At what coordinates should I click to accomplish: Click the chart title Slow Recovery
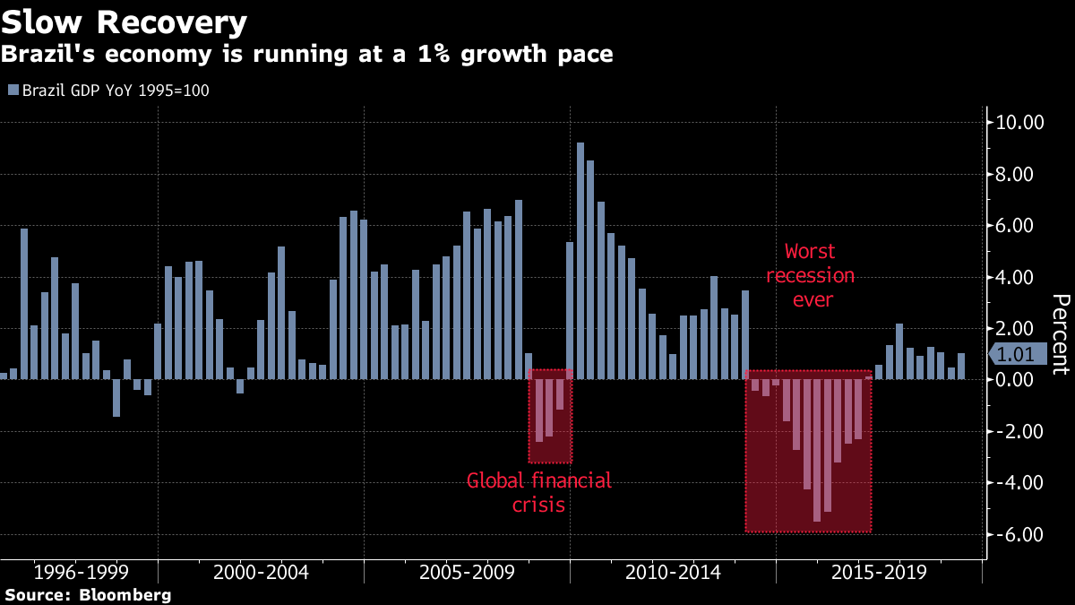tap(125, 21)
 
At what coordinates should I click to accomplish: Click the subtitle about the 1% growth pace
tap(306, 55)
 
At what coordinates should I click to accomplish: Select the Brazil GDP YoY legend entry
tap(108, 91)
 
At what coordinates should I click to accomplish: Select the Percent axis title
tap(1060, 333)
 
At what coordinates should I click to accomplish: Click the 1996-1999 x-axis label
tap(81, 572)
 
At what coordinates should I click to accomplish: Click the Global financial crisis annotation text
tap(538, 493)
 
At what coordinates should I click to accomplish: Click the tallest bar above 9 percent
tap(580, 260)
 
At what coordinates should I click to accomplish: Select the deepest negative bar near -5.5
tap(817, 450)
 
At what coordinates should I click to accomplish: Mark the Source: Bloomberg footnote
tap(87, 595)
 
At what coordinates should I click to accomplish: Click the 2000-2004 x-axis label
tap(262, 572)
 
